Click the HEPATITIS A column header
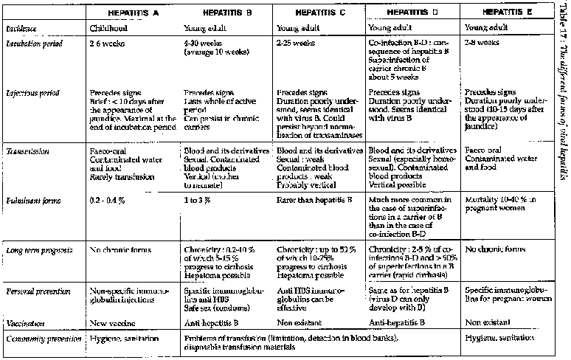(x=134, y=13)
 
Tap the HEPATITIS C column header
(x=319, y=13)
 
